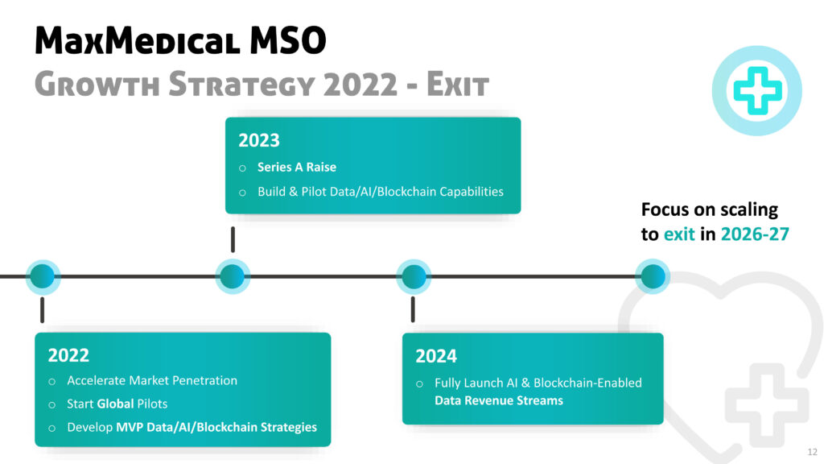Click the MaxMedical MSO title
tap(180, 40)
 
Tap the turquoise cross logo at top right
tap(756, 90)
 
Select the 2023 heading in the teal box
tap(259, 140)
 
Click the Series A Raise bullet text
tap(296, 168)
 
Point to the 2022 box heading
tap(68, 355)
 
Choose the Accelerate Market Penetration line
tap(152, 380)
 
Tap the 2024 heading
tap(436, 356)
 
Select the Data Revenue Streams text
tap(499, 401)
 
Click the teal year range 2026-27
tap(755, 234)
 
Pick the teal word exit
tap(679, 234)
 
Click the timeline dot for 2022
tap(43, 276)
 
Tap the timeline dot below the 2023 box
tap(233, 276)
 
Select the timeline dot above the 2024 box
tap(414, 276)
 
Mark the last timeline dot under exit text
tap(653, 276)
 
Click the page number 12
tap(813, 452)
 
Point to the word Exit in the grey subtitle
tap(458, 84)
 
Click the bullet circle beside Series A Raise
tap(242, 168)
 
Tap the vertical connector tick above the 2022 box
tap(42, 310)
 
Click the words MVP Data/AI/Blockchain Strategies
tap(216, 427)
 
